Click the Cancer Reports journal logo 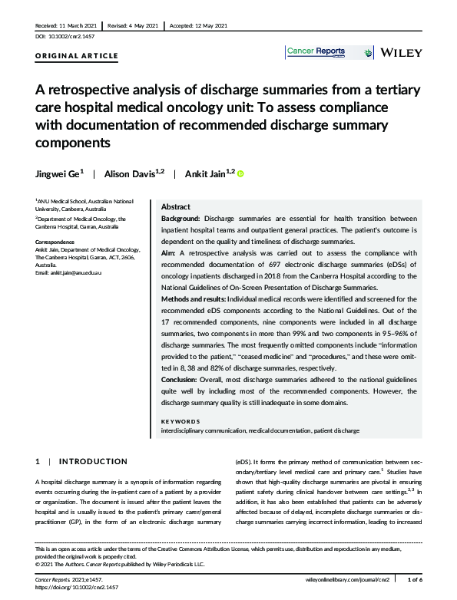point(315,52)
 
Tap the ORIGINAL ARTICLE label point(77,56)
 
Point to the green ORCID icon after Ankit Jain point(240,174)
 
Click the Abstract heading point(175,207)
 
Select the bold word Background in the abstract point(180,219)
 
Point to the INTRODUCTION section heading point(93,461)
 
